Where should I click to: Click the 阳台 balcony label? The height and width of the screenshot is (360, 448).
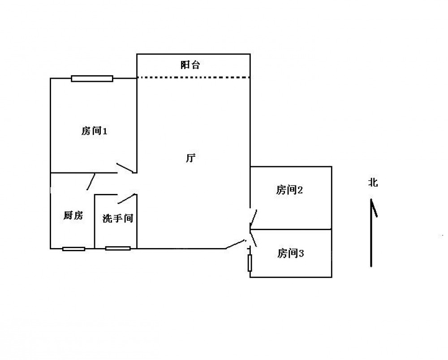coord(190,65)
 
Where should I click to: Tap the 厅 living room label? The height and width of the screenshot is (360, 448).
coord(190,158)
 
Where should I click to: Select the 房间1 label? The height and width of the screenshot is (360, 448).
coord(94,131)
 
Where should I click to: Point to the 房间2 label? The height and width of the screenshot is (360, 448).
coord(289,190)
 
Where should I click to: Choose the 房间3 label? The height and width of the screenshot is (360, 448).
coord(290,253)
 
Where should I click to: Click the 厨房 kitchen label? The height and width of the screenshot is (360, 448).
coord(73,215)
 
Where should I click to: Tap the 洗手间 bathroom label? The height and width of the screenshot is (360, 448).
coord(118,219)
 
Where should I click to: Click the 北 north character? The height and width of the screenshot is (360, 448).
coord(373,182)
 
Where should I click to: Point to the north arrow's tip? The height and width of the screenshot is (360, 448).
coord(371,199)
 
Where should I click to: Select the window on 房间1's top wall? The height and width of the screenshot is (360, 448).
coord(92,78)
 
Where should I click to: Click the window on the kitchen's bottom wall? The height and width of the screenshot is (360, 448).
coord(74,249)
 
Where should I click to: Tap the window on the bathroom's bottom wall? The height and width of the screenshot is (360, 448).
coord(118,249)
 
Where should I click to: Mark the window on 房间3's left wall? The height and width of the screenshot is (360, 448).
coord(250,263)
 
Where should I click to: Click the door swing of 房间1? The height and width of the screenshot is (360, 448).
coord(125,168)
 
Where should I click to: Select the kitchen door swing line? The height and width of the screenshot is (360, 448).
coord(91,182)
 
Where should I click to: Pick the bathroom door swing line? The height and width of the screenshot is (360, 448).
coord(126,199)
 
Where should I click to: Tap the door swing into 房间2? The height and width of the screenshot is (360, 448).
coord(254,218)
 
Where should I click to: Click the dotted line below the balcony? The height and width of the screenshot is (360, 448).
coord(194,77)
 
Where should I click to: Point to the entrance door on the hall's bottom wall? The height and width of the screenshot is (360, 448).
coord(235,244)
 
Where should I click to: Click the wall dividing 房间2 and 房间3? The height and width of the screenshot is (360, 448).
coord(291,229)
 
